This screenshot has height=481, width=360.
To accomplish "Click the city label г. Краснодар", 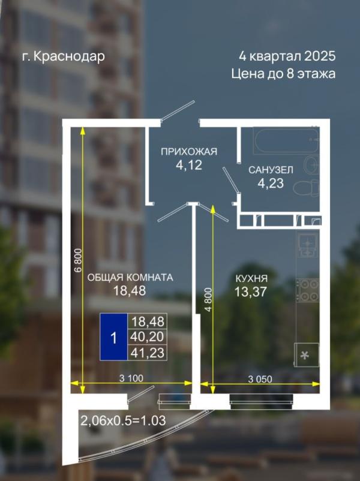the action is (64, 57).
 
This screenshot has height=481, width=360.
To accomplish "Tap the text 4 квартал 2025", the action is (287, 56).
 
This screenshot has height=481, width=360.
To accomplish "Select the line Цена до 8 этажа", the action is (283, 74).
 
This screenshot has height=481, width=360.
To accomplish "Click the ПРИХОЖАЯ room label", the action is (189, 152).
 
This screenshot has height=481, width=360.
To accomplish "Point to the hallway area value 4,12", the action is (189, 166).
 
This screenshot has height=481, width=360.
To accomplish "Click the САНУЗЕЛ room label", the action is (271, 170).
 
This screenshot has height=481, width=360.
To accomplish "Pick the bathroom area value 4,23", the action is (271, 184).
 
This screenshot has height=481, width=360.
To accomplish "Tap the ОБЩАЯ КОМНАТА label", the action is (130, 278).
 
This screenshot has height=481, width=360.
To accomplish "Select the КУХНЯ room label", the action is (251, 278).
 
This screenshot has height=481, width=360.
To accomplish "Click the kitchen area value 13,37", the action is (250, 291).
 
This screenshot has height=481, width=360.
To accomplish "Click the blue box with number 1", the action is (114, 337).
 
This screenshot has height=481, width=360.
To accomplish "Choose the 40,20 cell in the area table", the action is (148, 337).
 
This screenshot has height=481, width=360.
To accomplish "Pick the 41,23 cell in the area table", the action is (148, 353).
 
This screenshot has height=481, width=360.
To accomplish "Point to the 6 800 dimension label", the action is (79, 260).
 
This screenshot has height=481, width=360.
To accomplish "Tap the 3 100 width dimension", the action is (131, 378).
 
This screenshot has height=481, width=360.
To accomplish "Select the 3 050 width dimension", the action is (260, 379).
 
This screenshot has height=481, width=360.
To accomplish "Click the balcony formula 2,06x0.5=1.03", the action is (123, 420).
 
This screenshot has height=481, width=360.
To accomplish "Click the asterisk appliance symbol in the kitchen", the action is (305, 356).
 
